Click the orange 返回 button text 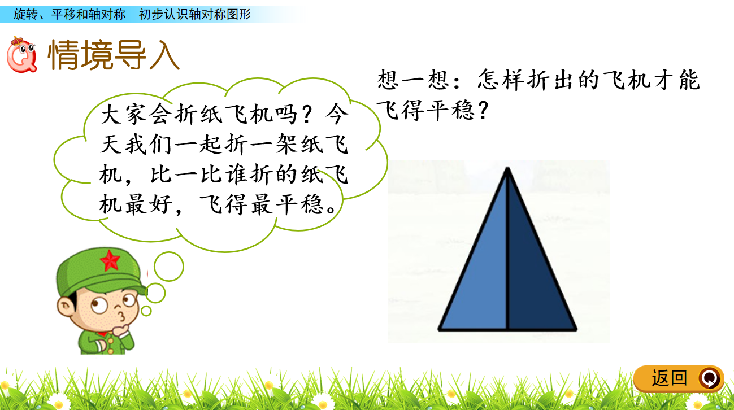(x=669, y=378)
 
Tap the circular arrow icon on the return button (x=710, y=378)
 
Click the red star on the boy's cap (x=110, y=260)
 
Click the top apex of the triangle (x=507, y=168)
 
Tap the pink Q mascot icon (x=21, y=55)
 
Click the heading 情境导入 (x=114, y=54)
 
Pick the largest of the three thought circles (x=169, y=267)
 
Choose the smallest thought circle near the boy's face (x=146, y=311)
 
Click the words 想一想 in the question (x=413, y=80)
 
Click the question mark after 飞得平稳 (x=483, y=110)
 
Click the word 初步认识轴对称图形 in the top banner (x=194, y=15)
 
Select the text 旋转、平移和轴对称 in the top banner (x=70, y=15)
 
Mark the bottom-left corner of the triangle (x=439, y=329)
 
